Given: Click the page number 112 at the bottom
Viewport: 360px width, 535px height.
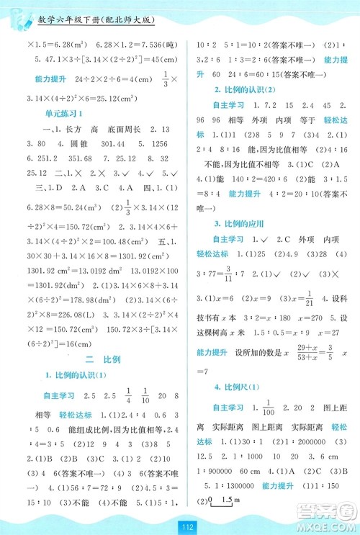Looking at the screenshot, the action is point(179,523).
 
